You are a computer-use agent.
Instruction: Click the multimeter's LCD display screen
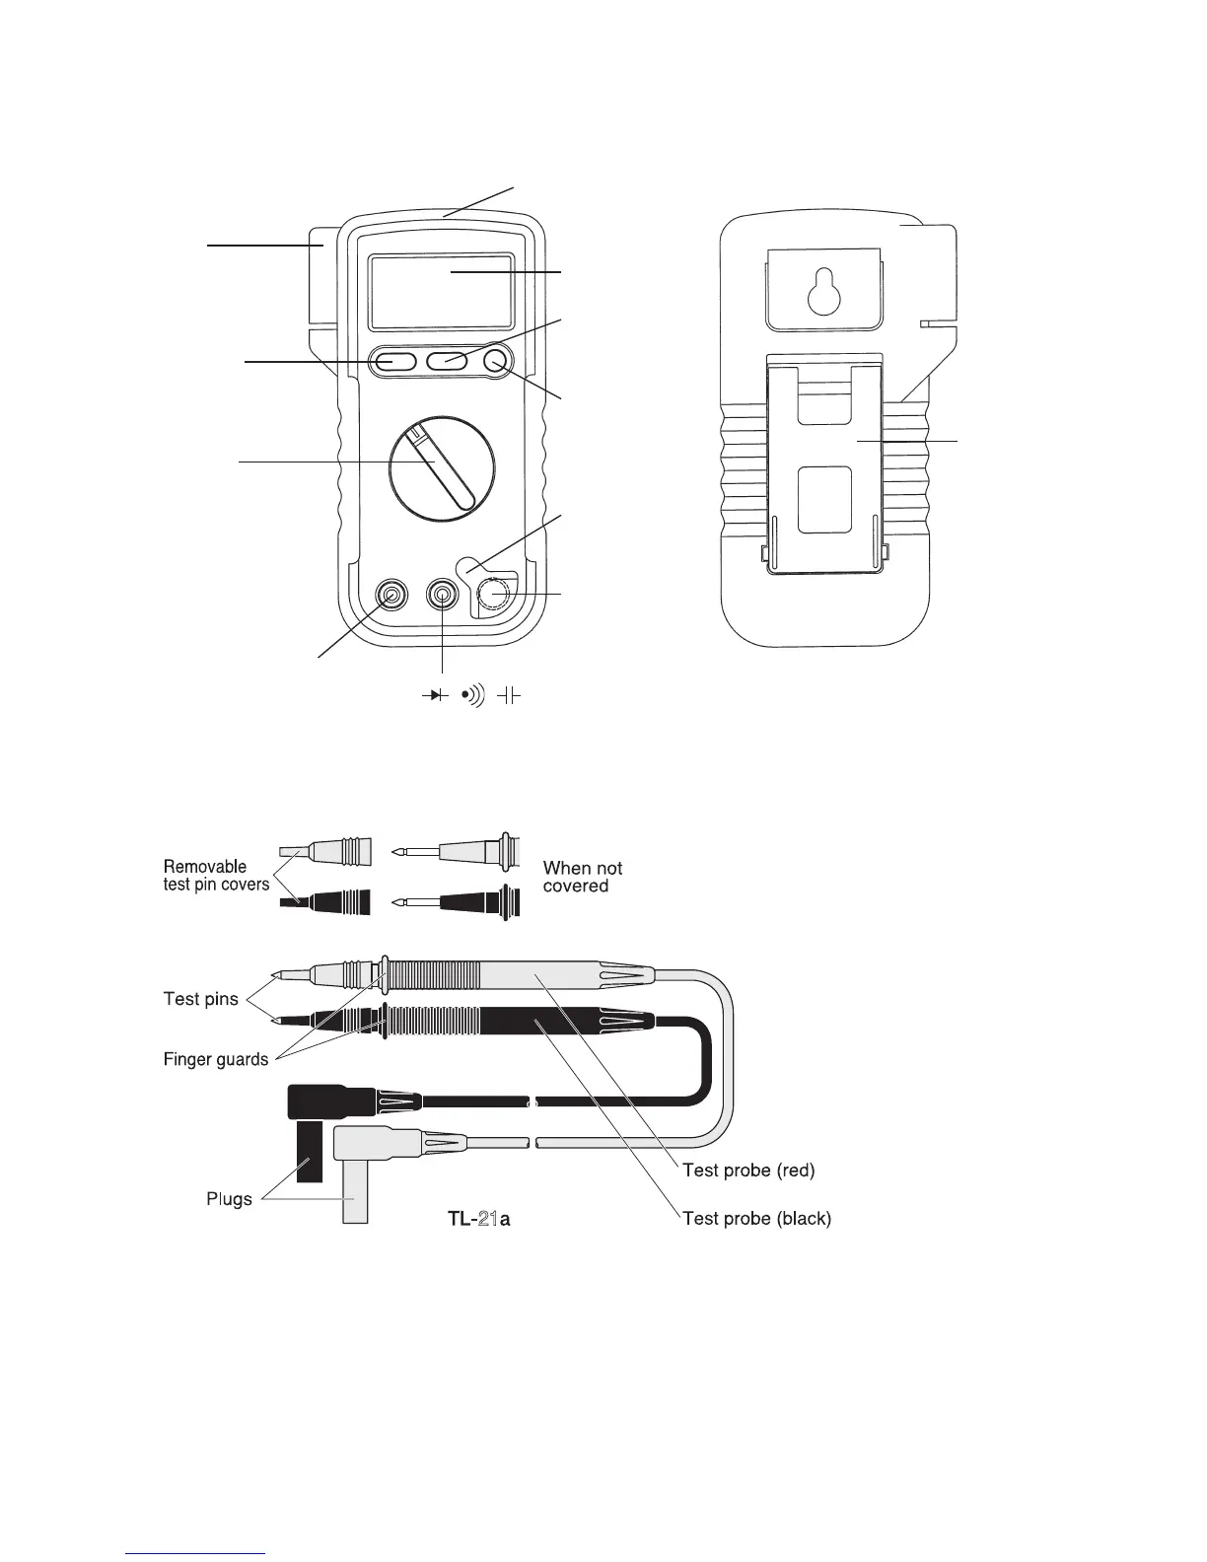440,292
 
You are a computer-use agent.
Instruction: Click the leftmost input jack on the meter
392,596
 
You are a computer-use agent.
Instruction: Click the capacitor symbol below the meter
508,696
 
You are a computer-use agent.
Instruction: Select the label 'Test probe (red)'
748,1171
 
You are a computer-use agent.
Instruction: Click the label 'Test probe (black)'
756,1218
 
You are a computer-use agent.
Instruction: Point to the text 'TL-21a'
478,1219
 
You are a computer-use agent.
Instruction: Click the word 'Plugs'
229,1199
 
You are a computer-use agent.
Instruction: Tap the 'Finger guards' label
215,1059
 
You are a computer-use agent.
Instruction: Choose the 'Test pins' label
200,999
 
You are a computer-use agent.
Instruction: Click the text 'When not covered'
582,877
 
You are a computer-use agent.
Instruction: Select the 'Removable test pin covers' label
216,876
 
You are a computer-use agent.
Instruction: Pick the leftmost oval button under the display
392,362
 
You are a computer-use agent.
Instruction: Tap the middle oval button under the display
447,362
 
